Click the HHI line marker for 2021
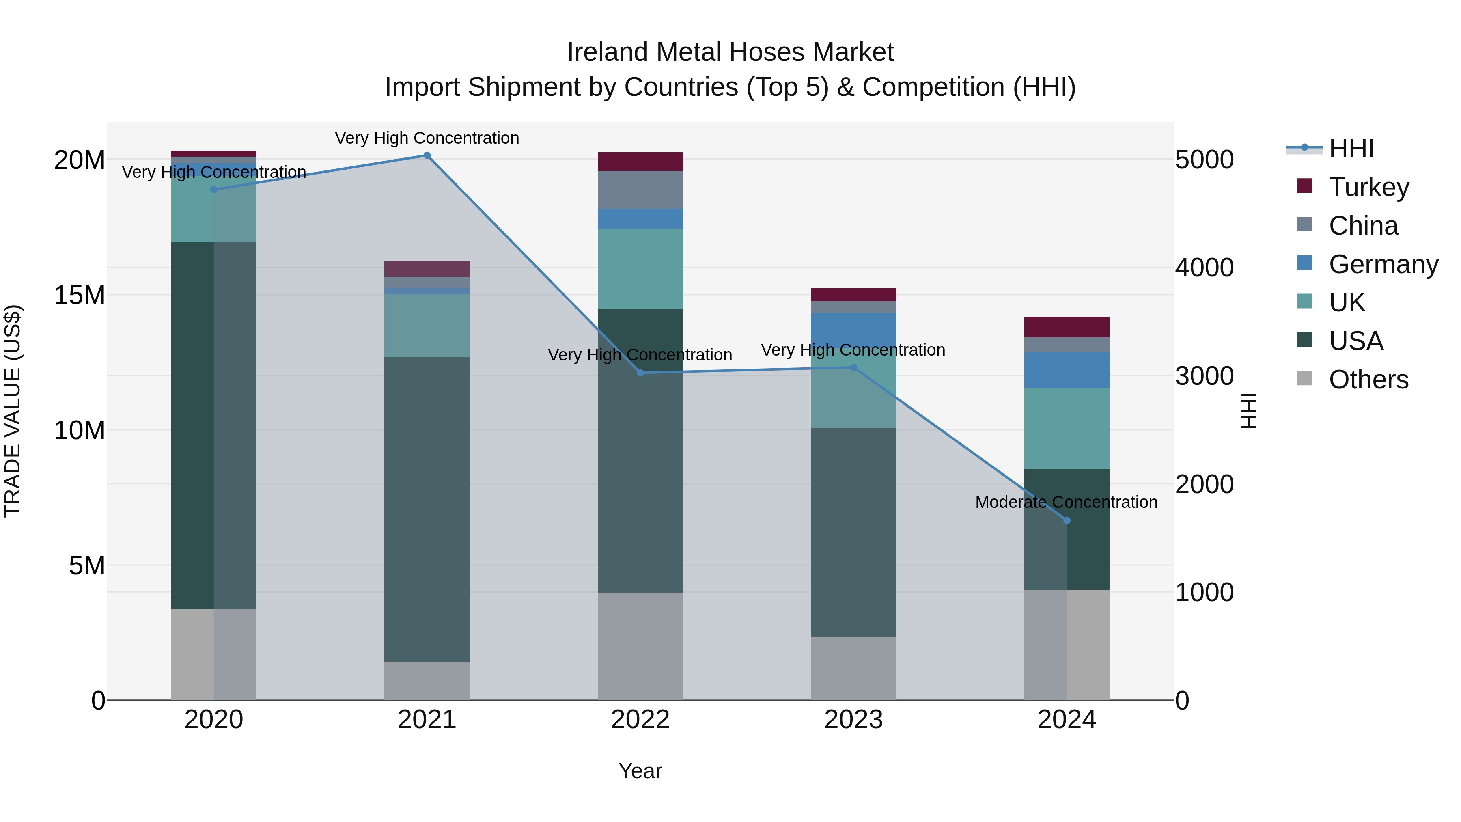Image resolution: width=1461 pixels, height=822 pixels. tap(427, 155)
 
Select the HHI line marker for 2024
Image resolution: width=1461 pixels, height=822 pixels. tap(1067, 520)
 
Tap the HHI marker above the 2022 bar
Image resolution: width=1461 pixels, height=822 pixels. tap(640, 373)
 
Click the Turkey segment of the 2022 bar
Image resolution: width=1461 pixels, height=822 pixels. tap(640, 162)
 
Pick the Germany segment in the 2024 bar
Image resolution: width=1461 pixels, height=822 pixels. tap(1067, 370)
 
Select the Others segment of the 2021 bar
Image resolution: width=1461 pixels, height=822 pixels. tap(427, 680)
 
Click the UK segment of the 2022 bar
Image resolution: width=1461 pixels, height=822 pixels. tap(640, 268)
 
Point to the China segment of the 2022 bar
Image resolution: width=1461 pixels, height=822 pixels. tap(640, 190)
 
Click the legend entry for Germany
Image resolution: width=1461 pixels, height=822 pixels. tap(1383, 264)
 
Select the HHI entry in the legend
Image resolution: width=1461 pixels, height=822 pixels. tap(1351, 149)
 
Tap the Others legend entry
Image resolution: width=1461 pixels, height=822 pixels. tap(1368, 380)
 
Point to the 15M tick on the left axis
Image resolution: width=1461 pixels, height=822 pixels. tap(80, 295)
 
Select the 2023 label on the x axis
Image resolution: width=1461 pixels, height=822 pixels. tap(853, 720)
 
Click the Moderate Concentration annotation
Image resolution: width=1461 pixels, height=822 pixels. tap(1066, 502)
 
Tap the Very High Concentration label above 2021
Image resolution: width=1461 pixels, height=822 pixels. tap(427, 138)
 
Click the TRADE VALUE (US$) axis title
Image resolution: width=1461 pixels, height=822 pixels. tap(13, 411)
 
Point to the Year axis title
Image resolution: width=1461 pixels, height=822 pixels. tap(640, 771)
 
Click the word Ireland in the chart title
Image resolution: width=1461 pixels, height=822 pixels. tap(608, 52)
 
